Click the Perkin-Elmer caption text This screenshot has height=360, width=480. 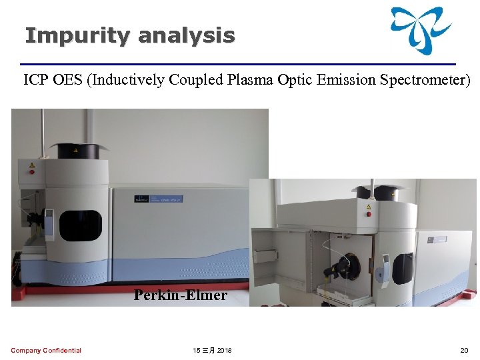[x=180, y=295]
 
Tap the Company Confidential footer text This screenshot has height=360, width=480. [x=46, y=351]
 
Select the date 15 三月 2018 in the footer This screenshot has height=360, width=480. [x=213, y=351]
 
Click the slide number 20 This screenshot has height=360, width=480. [x=464, y=351]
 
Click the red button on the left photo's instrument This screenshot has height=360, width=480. [x=31, y=171]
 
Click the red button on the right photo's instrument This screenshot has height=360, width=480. [x=369, y=214]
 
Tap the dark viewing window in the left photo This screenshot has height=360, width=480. [x=80, y=225]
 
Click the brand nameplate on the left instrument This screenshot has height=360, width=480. [x=158, y=198]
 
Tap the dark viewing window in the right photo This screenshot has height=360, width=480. [x=402, y=268]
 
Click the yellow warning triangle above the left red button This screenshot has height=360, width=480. [x=31, y=163]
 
